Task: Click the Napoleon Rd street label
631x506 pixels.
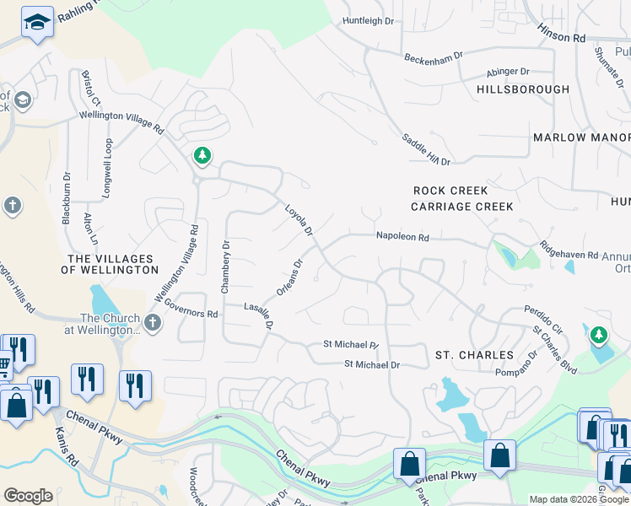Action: click(402, 239)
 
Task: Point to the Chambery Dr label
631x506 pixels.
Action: click(225, 267)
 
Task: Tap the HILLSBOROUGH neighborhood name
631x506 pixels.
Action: click(522, 89)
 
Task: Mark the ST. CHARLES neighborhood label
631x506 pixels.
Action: click(474, 355)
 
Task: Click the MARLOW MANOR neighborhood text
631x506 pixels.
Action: click(581, 137)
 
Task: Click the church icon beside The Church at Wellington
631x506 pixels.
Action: click(152, 322)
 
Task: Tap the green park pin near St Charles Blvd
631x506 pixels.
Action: click(599, 336)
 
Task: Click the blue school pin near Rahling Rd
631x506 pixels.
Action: click(37, 23)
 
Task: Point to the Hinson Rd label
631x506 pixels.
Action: click(562, 38)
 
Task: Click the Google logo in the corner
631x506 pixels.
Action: click(28, 496)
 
